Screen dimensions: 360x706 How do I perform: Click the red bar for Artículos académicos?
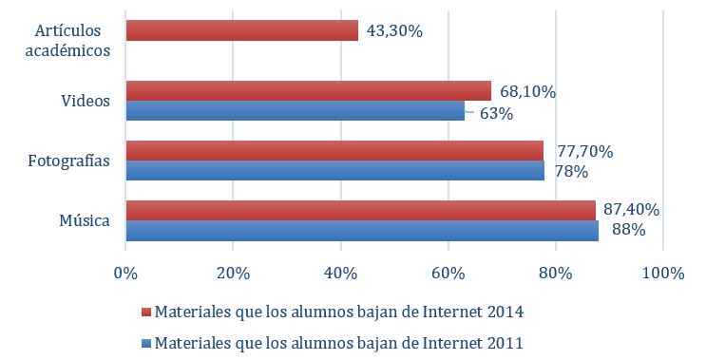click(x=241, y=30)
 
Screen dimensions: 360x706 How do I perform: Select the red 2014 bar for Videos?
click(x=308, y=91)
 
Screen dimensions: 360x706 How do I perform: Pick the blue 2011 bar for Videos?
click(x=295, y=111)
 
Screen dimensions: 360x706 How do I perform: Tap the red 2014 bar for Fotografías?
click(x=334, y=151)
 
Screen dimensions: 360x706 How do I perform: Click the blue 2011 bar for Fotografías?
click(x=334, y=171)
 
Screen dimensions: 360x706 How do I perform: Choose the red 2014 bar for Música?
click(x=360, y=210)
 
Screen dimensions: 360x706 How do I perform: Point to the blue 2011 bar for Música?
click(x=361, y=230)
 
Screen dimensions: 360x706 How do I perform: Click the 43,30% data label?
click(x=393, y=30)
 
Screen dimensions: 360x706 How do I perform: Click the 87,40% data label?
click(x=632, y=210)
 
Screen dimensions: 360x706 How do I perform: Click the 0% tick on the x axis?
click(x=124, y=275)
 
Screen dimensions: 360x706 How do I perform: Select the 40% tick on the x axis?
click(x=340, y=275)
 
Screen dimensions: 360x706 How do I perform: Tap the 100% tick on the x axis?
click(x=662, y=275)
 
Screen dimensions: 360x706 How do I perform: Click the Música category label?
click(x=86, y=221)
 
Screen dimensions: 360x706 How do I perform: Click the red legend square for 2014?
click(x=145, y=313)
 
